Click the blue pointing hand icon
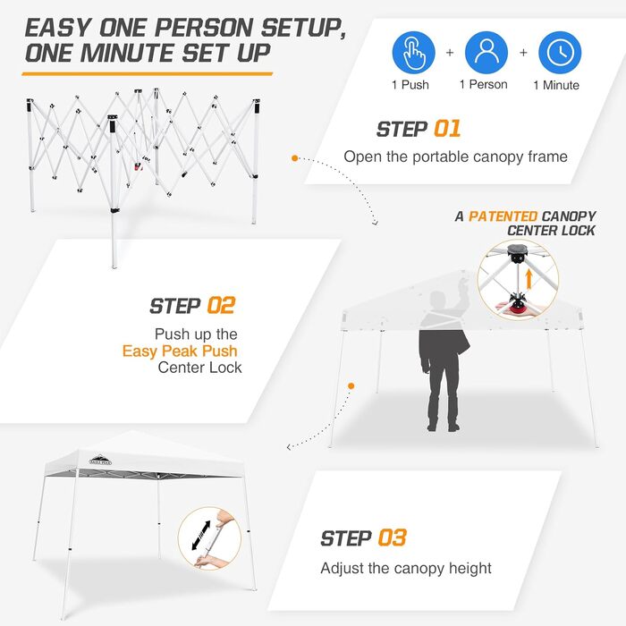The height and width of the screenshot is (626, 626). pyautogui.click(x=413, y=52)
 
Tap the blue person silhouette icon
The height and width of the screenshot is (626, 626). pyautogui.click(x=486, y=52)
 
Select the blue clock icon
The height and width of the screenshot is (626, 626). pyautogui.click(x=560, y=52)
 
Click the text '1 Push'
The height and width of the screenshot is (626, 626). pyautogui.click(x=410, y=85)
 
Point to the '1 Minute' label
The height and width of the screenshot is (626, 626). pyautogui.click(x=556, y=85)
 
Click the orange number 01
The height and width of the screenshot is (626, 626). pyautogui.click(x=447, y=129)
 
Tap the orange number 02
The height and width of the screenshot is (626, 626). pyautogui.click(x=221, y=306)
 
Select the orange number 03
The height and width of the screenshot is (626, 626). pyautogui.click(x=392, y=537)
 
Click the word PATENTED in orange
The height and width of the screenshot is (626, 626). pyautogui.click(x=503, y=216)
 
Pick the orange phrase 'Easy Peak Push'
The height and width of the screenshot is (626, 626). pyautogui.click(x=180, y=351)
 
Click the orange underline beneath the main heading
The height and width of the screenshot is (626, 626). pyautogui.click(x=148, y=74)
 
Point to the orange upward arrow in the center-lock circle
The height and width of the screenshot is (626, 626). pyautogui.click(x=529, y=278)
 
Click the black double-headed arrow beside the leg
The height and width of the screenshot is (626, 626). pyautogui.click(x=201, y=536)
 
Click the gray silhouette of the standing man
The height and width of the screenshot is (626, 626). pyautogui.click(x=444, y=361)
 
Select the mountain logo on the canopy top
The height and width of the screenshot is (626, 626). pyautogui.click(x=100, y=460)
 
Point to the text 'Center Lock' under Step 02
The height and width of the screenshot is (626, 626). pyautogui.click(x=199, y=368)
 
